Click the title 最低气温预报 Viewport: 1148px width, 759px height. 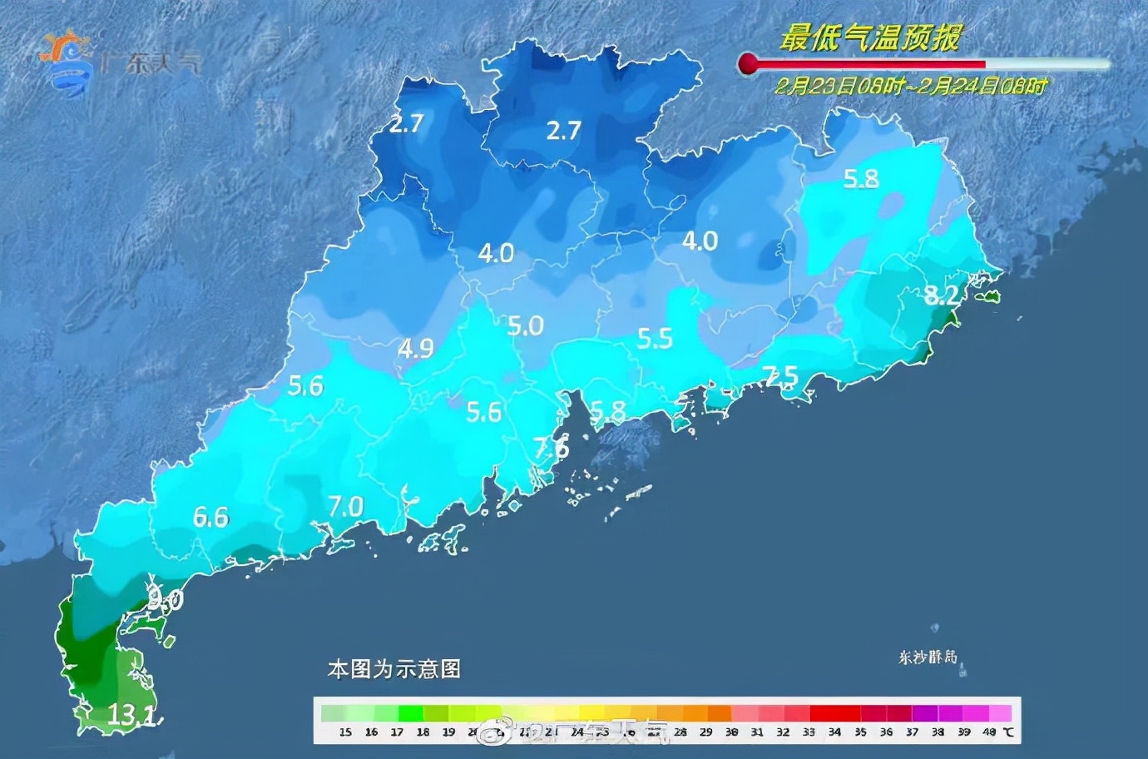point(870,37)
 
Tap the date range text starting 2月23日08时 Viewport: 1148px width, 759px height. point(911,86)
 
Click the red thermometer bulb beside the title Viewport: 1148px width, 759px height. point(748,63)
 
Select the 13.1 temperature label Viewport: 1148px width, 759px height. point(131,714)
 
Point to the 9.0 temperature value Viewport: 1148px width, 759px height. point(166,598)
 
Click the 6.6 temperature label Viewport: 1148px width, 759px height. point(210,518)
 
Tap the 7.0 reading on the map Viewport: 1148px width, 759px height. point(345,506)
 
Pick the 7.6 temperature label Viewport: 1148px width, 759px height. point(551,447)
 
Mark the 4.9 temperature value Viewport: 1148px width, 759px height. point(415,348)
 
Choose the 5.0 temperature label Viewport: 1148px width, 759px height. point(525,325)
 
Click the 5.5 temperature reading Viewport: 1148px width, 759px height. point(655,339)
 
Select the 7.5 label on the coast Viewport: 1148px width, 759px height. point(781,376)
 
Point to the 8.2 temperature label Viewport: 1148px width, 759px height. point(941,295)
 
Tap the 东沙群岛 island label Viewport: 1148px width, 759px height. point(928,657)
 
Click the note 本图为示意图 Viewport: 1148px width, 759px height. point(393,669)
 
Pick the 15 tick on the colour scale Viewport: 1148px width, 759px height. point(345,732)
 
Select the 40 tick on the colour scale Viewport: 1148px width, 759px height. point(988,732)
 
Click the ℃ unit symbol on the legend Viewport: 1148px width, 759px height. point(1008,732)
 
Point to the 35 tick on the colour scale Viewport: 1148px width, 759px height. point(860,732)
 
